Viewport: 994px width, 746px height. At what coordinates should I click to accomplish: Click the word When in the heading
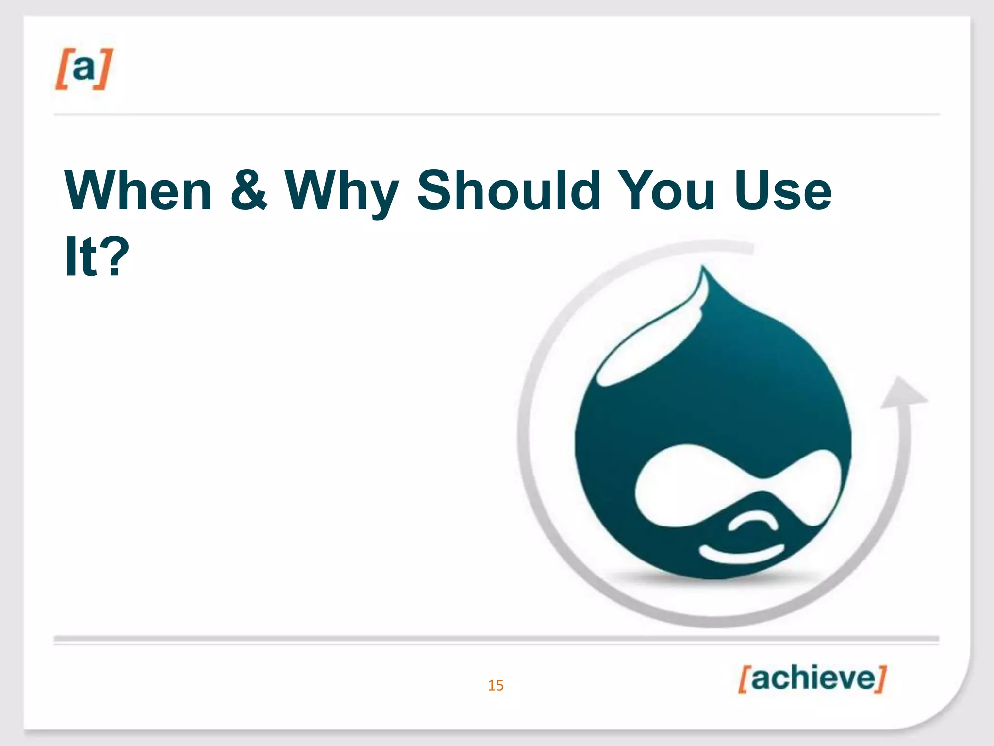click(138, 190)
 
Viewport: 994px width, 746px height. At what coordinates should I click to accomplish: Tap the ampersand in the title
click(248, 190)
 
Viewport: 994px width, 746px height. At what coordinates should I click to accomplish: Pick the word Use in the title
click(783, 190)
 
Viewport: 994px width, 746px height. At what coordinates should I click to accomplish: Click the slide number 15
click(496, 685)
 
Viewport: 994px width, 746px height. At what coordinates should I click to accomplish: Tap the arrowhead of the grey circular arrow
click(902, 393)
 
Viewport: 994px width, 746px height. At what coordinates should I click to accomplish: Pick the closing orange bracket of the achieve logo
click(881, 678)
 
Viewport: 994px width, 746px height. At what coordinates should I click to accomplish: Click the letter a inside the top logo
click(83, 68)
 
